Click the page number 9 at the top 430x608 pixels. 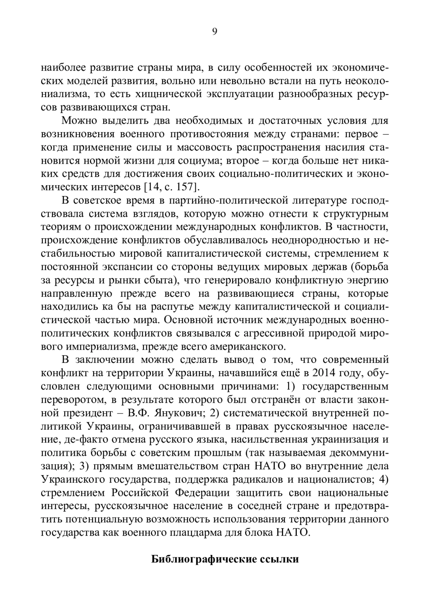coord(215,32)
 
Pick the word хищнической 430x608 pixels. coord(169,94)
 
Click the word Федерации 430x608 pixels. coord(202,493)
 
